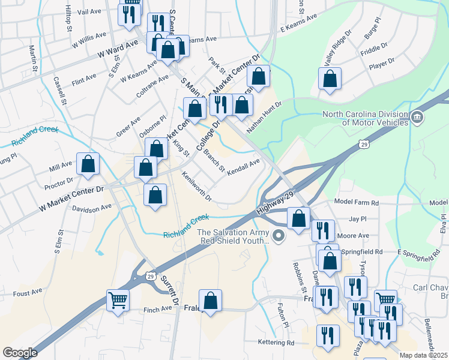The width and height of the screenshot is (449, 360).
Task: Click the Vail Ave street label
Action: click(x=89, y=11)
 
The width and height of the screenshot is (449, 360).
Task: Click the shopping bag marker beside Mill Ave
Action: click(x=88, y=164)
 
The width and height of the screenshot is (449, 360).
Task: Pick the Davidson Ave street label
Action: click(x=92, y=208)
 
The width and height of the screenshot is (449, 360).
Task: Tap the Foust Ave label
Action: click(x=28, y=293)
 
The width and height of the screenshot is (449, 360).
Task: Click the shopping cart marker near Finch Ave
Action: click(x=118, y=301)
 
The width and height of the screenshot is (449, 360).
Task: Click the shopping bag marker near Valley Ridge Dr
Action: click(x=330, y=79)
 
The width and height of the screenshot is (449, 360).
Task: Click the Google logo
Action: click(x=20, y=353)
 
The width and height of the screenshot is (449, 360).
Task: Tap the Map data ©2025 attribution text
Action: click(x=423, y=355)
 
